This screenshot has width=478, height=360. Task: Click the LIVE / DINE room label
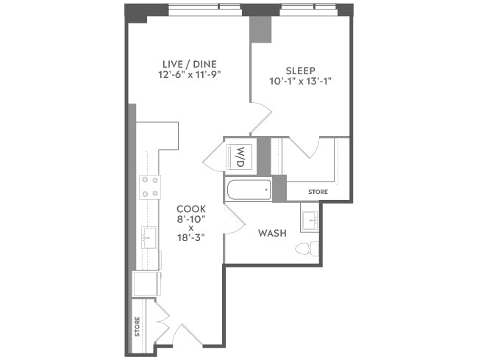pyautogui.click(x=189, y=63)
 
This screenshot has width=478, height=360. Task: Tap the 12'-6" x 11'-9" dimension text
pyautogui.click(x=189, y=74)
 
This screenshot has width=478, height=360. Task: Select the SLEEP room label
pyautogui.click(x=300, y=71)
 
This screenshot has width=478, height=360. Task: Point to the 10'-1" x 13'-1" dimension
pyautogui.click(x=300, y=82)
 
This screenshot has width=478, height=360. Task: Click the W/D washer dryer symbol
pyautogui.click(x=240, y=156)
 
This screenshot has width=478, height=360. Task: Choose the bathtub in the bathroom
pyautogui.click(x=249, y=190)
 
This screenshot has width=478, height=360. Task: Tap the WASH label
pyautogui.click(x=271, y=234)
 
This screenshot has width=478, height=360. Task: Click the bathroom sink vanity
pyautogui.click(x=310, y=219)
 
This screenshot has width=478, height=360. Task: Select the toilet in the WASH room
pyautogui.click(x=312, y=248)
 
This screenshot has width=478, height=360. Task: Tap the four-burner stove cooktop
pyautogui.click(x=150, y=187)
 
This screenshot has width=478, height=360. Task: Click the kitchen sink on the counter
pyautogui.click(x=149, y=237)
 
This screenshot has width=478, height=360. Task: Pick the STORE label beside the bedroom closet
pyautogui.click(x=318, y=192)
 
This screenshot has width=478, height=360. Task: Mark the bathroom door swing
pyautogui.click(x=234, y=220)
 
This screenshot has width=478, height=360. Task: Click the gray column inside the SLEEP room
pyautogui.click(x=260, y=29)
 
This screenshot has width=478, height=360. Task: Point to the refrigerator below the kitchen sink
pyautogui.click(x=146, y=283)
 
